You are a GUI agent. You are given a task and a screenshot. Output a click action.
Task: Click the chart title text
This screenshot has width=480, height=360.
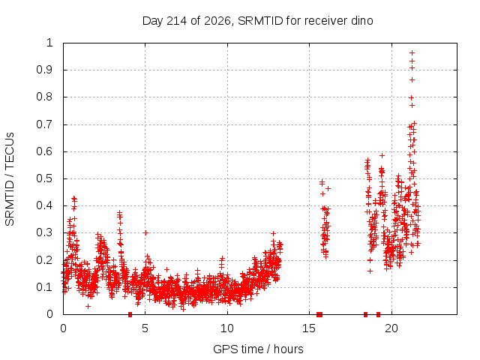click(257, 21)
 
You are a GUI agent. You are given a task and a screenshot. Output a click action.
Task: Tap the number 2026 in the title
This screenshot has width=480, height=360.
click(217, 21)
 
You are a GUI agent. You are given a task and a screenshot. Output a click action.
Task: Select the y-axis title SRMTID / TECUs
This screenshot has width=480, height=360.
click(10, 179)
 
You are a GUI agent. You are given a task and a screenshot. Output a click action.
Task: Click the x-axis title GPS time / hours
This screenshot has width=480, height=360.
click(258, 349)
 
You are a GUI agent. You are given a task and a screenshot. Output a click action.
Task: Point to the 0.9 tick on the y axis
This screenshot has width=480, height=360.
click(45, 70)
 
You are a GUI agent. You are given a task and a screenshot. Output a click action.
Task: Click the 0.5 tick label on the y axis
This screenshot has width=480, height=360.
click(45, 178)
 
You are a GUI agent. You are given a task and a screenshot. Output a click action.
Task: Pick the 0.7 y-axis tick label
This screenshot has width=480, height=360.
click(45, 124)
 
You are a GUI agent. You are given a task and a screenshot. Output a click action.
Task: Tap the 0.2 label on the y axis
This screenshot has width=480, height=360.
click(45, 260)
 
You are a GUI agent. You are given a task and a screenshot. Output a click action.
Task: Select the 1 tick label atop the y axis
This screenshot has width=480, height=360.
click(49, 43)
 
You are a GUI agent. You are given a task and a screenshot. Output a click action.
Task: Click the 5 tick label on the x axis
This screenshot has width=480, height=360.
click(145, 328)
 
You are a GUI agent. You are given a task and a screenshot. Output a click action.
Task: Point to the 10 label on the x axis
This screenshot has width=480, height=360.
click(227, 328)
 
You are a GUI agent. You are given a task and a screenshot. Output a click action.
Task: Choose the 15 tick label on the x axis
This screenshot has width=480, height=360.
click(309, 328)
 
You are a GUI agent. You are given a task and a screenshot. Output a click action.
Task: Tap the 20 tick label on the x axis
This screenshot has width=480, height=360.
click(391, 328)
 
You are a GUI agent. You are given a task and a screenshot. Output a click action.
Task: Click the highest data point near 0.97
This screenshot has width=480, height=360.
click(412, 52)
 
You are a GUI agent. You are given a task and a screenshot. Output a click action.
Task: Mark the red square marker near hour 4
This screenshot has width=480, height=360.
click(130, 314)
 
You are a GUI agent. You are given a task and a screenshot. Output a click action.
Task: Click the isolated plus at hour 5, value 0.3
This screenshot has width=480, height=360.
click(145, 233)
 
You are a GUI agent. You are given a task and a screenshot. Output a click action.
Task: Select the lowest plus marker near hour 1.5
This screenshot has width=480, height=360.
click(88, 306)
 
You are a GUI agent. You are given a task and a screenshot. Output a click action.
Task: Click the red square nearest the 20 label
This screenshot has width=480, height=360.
click(378, 314)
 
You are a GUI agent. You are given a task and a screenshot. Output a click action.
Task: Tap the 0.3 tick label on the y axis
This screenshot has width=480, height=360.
click(45, 232)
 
